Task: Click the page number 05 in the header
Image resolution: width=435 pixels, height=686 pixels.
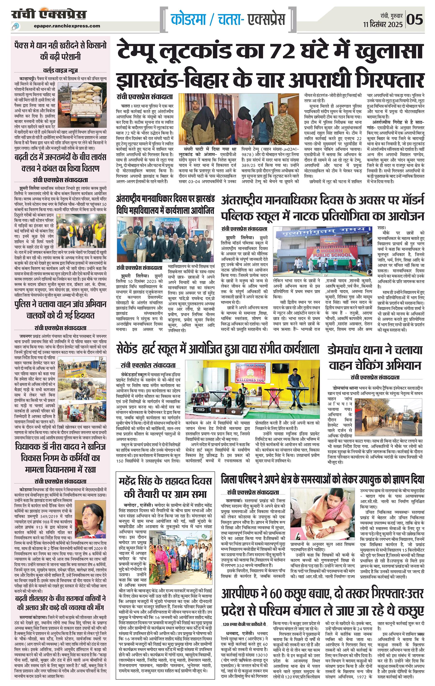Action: pyautogui.click(x=415, y=19)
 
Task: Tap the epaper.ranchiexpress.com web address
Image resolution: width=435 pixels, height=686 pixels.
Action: pyautogui.click(x=66, y=26)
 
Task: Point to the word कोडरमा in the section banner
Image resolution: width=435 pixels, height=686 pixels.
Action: pyautogui.click(x=188, y=19)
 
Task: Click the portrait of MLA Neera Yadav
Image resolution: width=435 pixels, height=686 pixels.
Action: pyautogui.click(x=94, y=520)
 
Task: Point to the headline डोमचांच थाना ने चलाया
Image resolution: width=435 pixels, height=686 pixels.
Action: pyautogui.click(x=375, y=350)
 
